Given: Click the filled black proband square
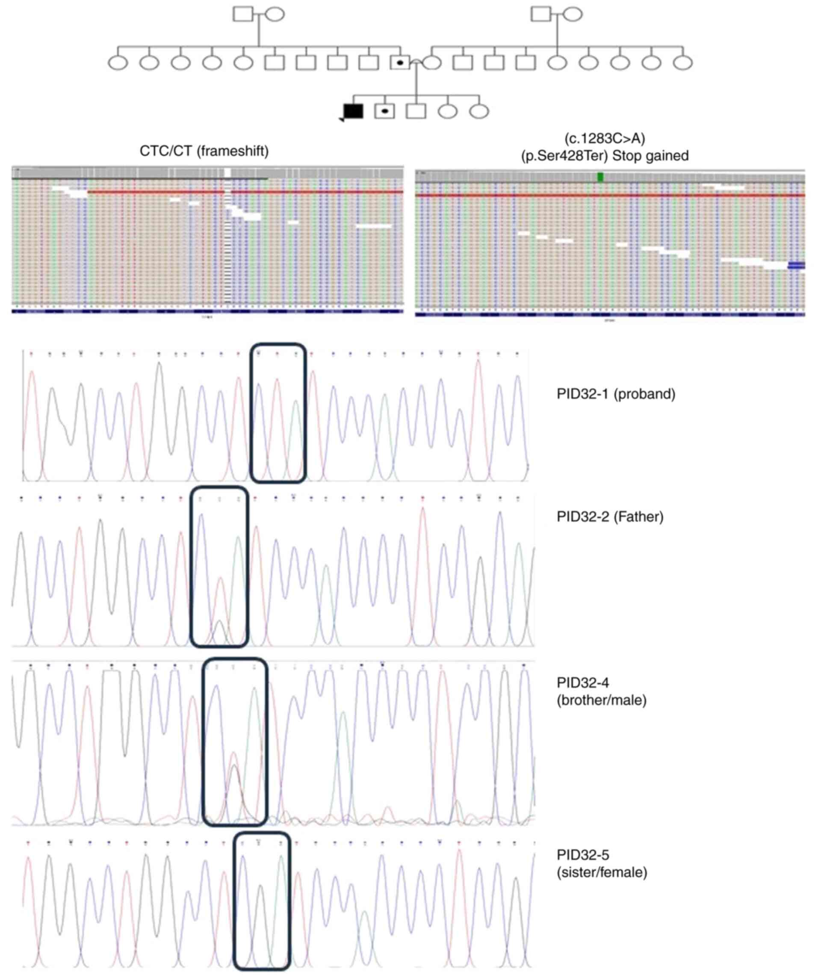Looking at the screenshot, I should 353,111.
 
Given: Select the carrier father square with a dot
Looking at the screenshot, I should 400,62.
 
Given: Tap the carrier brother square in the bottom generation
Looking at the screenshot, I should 384,111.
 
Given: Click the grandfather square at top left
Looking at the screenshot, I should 242,14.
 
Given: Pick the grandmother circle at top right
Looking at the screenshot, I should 573,14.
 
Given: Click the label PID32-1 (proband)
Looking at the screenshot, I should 615,394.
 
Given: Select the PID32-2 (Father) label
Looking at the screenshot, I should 610,517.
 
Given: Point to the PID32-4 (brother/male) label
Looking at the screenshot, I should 602,691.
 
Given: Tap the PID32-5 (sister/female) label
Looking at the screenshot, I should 602,863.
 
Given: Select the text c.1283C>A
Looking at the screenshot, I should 604,138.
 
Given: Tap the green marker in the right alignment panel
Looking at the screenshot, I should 601,177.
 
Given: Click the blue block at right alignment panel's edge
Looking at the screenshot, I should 796,265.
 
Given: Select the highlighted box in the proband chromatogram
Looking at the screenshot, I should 278,413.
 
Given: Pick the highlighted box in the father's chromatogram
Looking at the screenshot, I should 219,567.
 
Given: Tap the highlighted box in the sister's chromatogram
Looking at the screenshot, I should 262,901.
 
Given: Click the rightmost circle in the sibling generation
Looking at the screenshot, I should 479,111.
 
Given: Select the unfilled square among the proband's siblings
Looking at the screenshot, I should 416,111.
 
